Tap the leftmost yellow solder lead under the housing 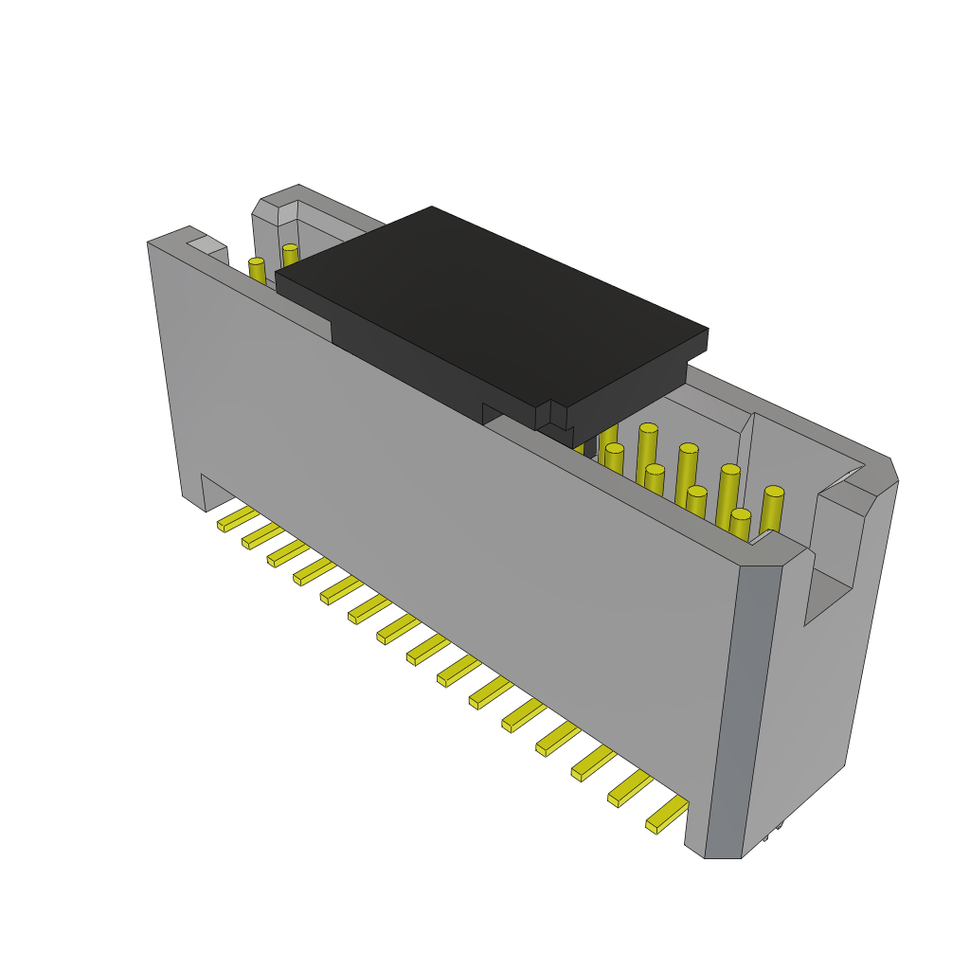[237, 519]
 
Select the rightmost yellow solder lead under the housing [667, 815]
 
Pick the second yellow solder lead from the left [262, 536]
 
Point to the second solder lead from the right [630, 788]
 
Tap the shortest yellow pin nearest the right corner [740, 526]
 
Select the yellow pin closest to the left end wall [257, 271]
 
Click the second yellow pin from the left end [290, 255]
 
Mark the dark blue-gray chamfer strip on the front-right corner [743, 710]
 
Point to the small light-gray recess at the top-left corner [207, 245]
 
